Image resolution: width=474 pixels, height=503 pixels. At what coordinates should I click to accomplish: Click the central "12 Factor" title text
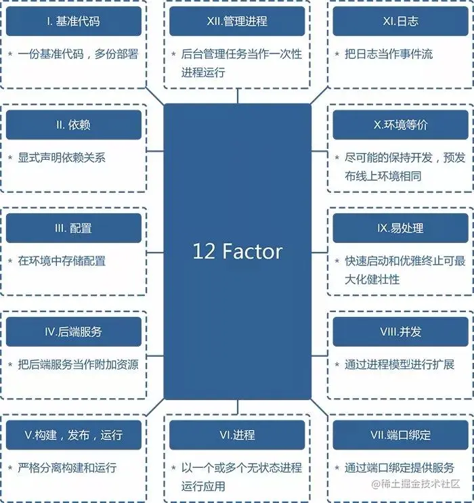(x=237, y=252)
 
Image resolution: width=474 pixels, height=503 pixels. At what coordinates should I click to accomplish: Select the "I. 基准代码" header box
(x=74, y=22)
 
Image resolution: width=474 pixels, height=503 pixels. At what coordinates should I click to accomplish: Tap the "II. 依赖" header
(x=74, y=125)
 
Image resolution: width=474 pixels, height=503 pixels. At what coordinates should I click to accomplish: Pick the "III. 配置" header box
(x=74, y=228)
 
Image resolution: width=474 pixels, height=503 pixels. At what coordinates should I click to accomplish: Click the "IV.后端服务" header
(x=74, y=332)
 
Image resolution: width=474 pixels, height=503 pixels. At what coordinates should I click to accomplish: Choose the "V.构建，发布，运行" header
(x=74, y=435)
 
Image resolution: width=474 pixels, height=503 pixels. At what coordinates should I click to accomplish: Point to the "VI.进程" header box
(x=237, y=435)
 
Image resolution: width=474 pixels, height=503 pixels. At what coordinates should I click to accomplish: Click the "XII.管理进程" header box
(x=237, y=22)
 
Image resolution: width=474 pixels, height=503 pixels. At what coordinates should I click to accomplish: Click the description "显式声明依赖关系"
(x=62, y=158)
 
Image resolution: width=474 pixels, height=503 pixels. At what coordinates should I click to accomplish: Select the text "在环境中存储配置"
(x=62, y=261)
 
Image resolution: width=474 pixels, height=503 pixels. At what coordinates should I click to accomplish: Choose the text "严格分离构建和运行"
(x=67, y=468)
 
